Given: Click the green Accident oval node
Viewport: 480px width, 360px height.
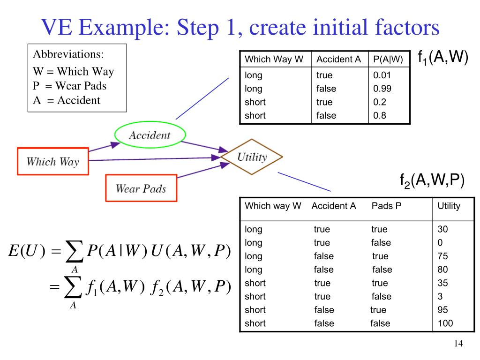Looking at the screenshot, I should point(150,135).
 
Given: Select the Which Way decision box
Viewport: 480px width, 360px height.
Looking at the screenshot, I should point(53,162).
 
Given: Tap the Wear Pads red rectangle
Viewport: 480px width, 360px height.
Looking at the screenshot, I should point(141,188).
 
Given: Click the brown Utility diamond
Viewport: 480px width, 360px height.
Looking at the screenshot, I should point(252,157).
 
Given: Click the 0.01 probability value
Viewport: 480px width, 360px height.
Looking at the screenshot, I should point(382,75).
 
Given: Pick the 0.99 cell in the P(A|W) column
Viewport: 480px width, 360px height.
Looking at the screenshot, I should point(382,89).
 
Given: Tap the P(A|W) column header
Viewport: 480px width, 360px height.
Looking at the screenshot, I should point(388,59).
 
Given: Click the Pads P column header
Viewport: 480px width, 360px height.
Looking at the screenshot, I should point(387,206).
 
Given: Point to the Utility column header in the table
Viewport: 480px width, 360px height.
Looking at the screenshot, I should point(449,206).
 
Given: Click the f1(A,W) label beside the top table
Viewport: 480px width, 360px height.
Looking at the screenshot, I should point(442,58).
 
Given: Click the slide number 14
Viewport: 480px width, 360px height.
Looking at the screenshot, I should point(458,345).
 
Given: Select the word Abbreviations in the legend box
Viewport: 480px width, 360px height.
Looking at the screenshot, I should point(68,54).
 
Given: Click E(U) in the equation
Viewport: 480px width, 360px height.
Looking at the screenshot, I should point(26,251).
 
